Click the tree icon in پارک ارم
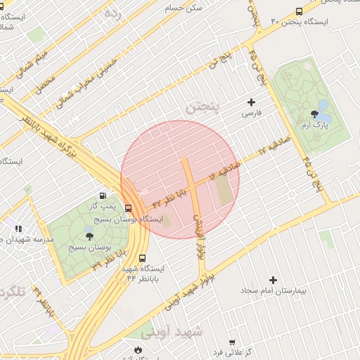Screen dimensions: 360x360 [314, 114]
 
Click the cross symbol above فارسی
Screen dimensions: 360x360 [251, 103]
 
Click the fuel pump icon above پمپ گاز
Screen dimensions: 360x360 [103, 195]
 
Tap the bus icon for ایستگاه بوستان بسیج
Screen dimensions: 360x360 [128, 208]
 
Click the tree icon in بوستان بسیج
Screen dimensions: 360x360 [89, 236]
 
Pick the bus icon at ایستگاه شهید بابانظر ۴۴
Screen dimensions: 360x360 [143, 258]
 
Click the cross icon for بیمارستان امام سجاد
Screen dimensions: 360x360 [274, 280]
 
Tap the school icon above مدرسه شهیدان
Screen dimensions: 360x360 [18, 229]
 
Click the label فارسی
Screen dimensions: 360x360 [251, 113]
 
